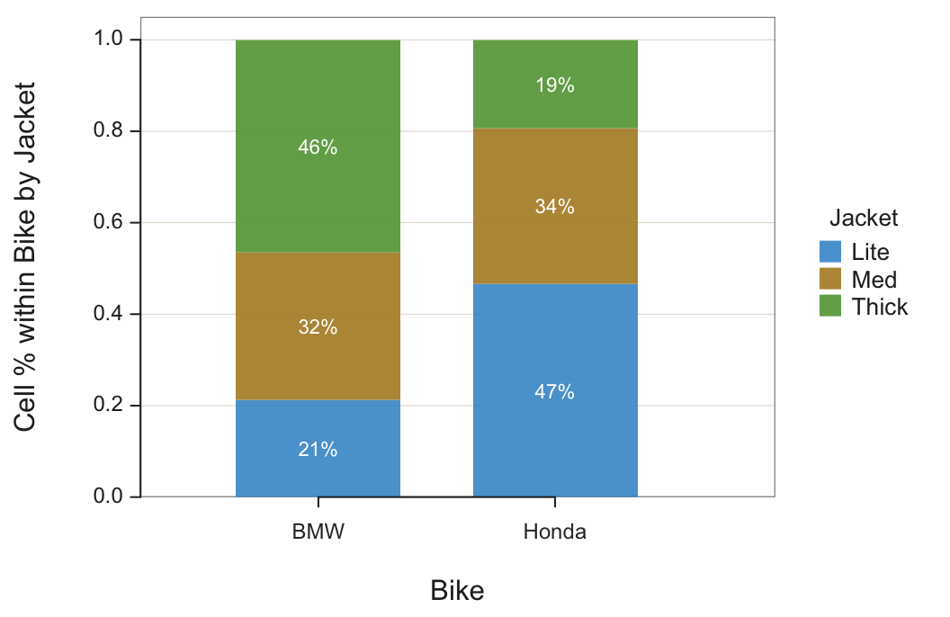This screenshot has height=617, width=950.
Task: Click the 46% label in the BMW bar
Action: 318,148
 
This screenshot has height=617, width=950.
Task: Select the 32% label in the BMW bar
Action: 318,327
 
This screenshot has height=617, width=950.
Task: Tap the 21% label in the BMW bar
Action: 318,450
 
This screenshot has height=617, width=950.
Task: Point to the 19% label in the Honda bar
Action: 554,85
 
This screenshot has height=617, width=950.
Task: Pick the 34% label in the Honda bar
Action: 554,207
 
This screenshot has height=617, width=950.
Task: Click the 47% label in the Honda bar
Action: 554,392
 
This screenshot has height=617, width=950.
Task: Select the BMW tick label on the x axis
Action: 318,532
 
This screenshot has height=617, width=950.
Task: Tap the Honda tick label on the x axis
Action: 554,532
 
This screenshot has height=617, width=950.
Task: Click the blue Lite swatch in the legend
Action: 830,252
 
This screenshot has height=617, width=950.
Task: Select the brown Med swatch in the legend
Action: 830,279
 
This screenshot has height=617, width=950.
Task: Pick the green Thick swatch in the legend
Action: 830,306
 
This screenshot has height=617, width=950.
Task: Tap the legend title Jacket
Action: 864,218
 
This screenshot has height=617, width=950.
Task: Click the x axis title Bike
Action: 457,591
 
